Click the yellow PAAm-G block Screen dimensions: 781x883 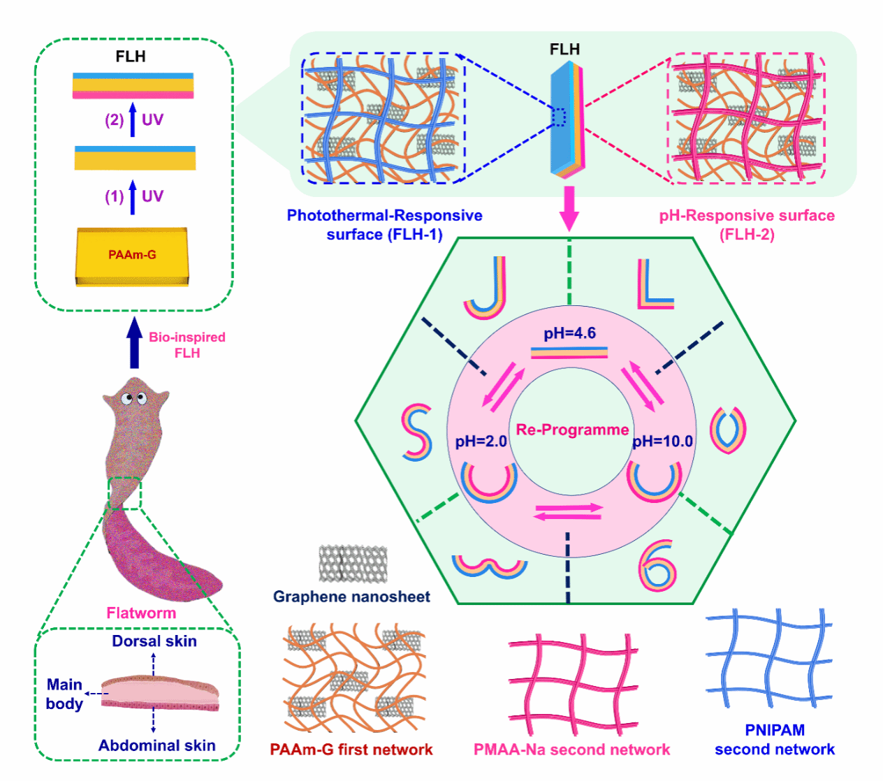click(132, 256)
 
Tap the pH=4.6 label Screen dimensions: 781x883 click(570, 333)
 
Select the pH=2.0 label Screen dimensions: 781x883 click(481, 441)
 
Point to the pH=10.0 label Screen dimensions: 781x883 click(663, 441)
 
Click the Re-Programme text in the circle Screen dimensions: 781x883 click(572, 430)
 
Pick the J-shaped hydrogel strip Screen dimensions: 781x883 click(487, 288)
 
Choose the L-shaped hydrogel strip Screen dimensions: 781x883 click(654, 285)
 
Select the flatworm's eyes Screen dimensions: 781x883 click(133, 399)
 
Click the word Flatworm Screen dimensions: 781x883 click(141, 613)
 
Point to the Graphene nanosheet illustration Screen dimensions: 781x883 click(353, 564)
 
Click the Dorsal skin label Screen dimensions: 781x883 click(154, 641)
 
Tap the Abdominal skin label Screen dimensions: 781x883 click(156, 745)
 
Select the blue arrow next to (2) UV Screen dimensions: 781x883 click(133, 119)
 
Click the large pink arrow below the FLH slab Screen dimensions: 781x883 click(569, 207)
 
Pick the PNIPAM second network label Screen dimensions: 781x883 click(774, 740)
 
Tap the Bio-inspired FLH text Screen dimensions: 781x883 click(187, 345)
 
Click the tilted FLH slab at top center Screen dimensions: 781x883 click(566, 119)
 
